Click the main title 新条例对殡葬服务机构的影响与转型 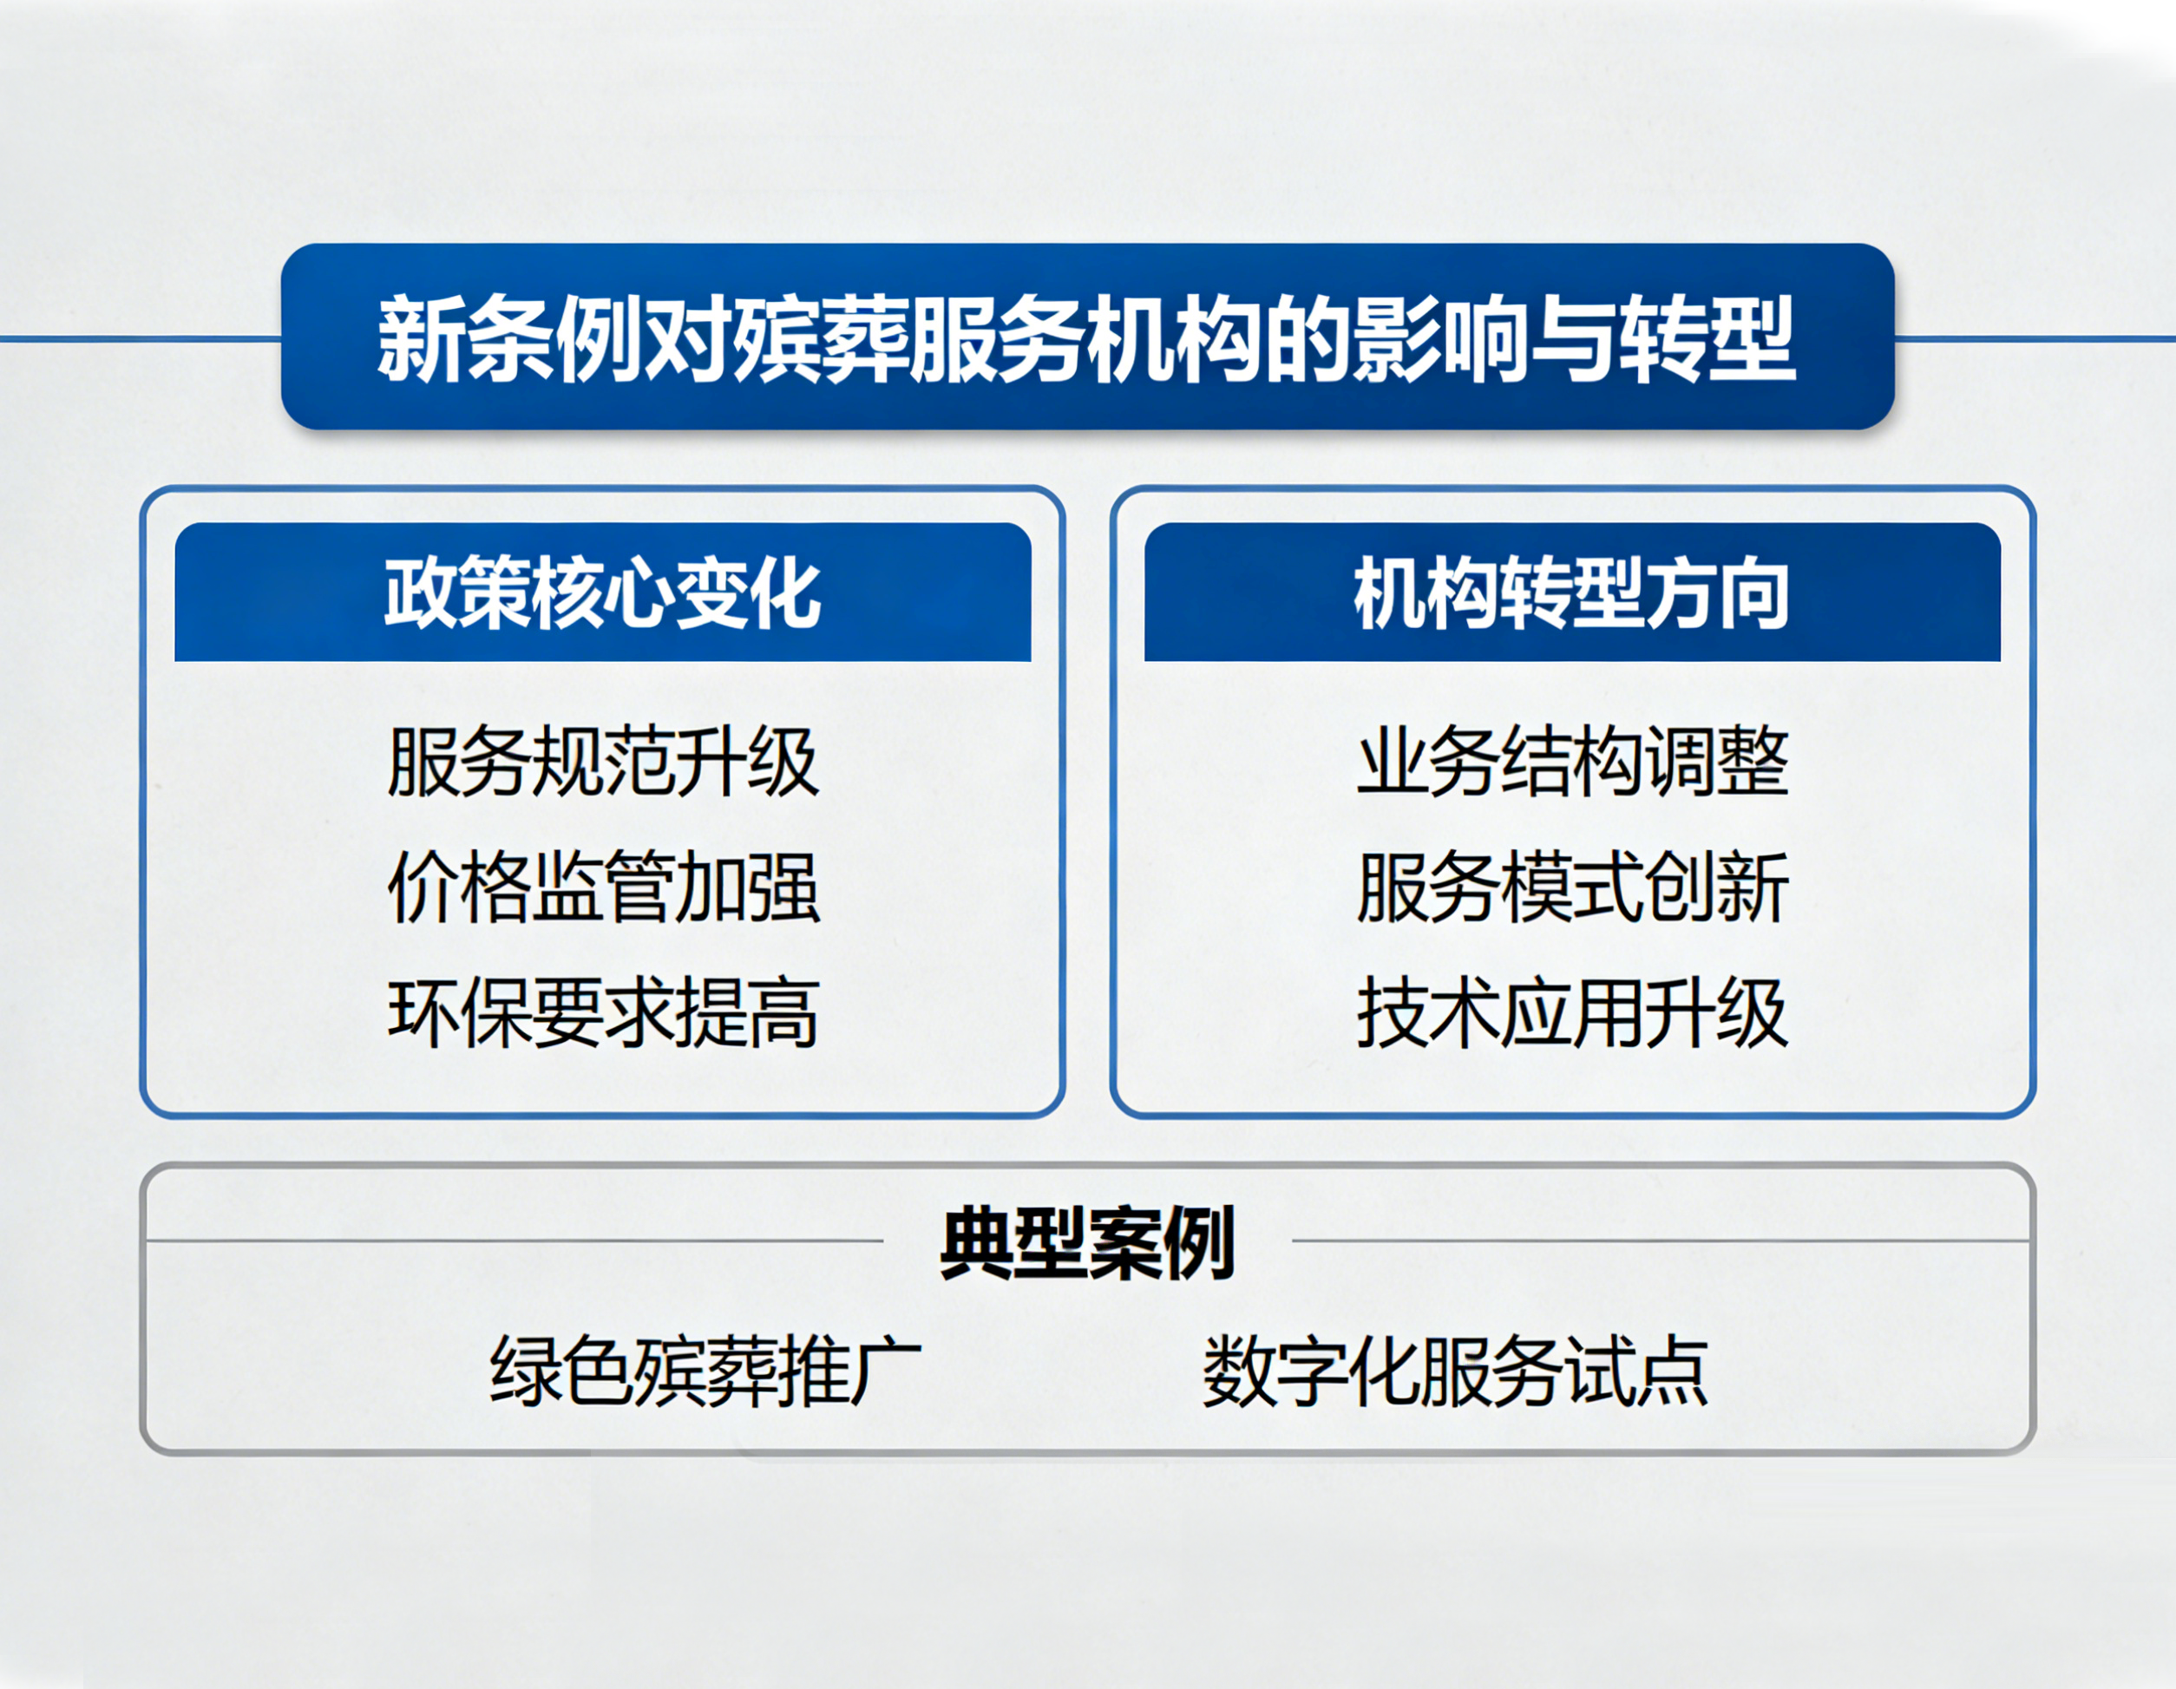1087,339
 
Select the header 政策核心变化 603,594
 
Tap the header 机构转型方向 1571,594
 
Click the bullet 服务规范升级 603,763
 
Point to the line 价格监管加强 603,887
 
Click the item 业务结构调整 1572,763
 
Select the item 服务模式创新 1572,887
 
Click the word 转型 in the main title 1707,339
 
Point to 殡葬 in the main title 819,339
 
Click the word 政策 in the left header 457,594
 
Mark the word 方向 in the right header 1717,594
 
